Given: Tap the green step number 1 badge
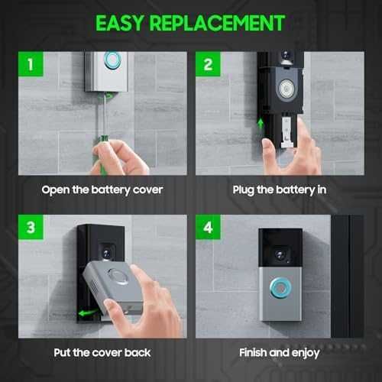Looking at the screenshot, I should pos(29,64).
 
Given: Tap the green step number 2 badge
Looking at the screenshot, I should pos(209,64).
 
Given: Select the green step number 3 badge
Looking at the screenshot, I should pos(29,228).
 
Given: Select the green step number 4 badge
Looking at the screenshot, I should pos(209,228).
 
